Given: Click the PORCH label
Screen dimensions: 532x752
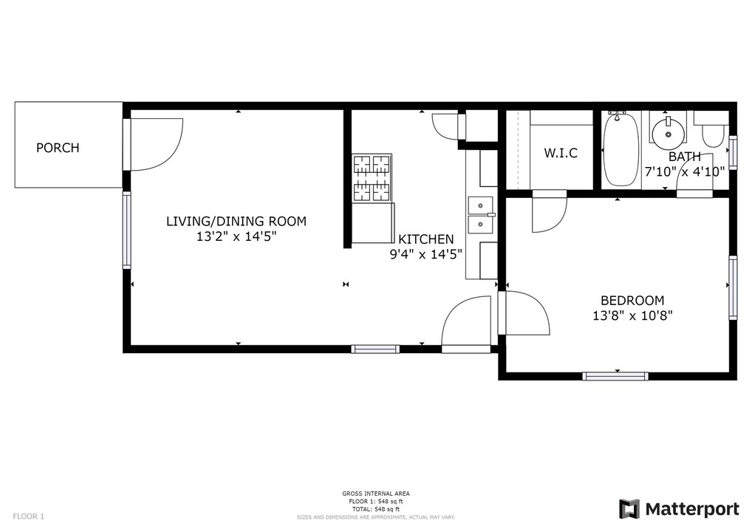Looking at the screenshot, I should click(58, 148).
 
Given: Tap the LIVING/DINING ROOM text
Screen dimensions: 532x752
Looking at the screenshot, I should click(236, 221).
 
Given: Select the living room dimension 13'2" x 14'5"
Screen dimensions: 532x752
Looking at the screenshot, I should click(236, 237).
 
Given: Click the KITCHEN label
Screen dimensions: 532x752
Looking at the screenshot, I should click(425, 239).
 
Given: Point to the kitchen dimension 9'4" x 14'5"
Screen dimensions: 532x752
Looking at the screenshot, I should click(425, 255).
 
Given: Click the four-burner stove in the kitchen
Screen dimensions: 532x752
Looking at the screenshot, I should click(372, 178).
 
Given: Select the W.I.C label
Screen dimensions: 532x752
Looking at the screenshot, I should click(561, 154).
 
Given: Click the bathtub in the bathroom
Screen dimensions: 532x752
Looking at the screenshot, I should click(618, 149).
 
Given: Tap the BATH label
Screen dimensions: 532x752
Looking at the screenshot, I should click(684, 157).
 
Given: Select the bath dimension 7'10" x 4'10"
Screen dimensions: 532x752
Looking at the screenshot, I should click(684, 171).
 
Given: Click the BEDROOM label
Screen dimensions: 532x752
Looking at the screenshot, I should click(632, 301).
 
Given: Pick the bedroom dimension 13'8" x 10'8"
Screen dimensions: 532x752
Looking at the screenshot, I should click(632, 316).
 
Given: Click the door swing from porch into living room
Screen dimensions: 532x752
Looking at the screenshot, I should click(155, 144).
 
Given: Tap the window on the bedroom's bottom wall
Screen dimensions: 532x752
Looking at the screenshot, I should click(615, 376).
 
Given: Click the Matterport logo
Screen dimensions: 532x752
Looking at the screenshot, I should click(679, 509).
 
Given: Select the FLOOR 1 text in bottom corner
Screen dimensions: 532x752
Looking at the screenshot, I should click(29, 516).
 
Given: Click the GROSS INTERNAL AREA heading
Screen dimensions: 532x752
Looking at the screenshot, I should click(375, 494).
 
